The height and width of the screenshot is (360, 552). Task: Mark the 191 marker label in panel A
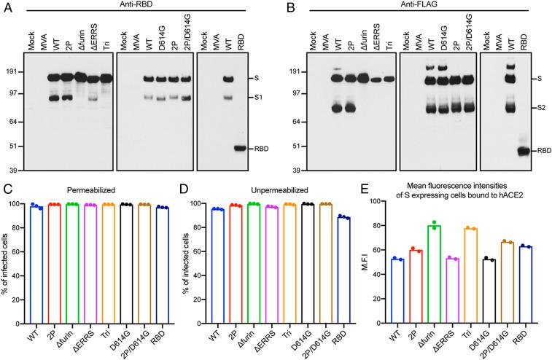[x=14, y=72]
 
